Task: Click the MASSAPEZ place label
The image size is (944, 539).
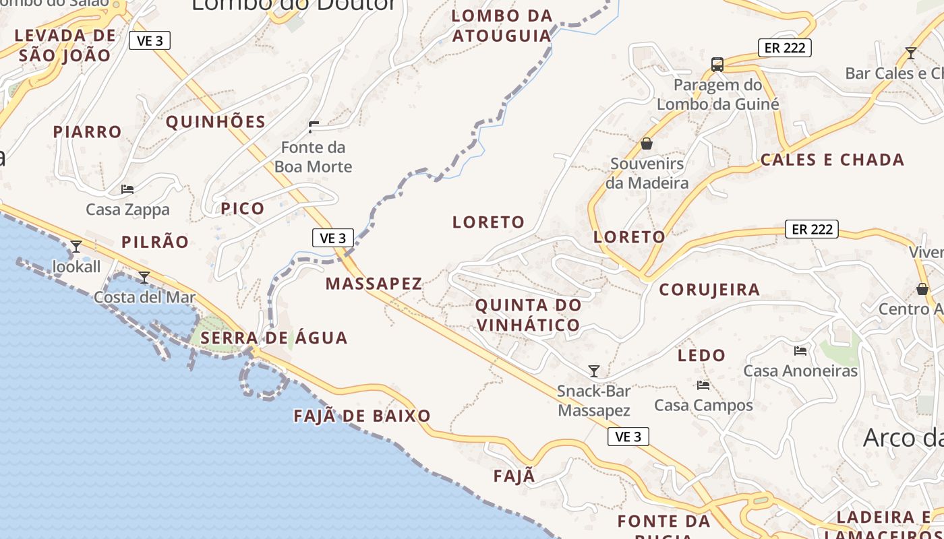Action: pyautogui.click(x=374, y=284)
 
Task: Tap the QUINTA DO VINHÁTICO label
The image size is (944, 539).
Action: pyautogui.click(x=528, y=315)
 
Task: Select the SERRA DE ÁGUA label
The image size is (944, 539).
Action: pyautogui.click(x=274, y=338)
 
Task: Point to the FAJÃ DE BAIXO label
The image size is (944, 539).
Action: pyautogui.click(x=362, y=416)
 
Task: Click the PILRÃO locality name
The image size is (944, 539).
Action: pyautogui.click(x=155, y=242)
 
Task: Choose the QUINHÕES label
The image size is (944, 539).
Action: pyautogui.click(x=216, y=122)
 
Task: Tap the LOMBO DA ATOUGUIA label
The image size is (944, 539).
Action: pyautogui.click(x=502, y=26)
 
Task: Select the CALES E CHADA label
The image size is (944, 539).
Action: pyautogui.click(x=832, y=160)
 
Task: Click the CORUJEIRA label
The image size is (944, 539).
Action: pyautogui.click(x=709, y=290)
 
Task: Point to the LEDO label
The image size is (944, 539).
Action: pyautogui.click(x=701, y=355)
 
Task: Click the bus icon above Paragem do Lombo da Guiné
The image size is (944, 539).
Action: pyautogui.click(x=717, y=65)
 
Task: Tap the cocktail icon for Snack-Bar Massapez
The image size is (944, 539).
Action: pyautogui.click(x=594, y=371)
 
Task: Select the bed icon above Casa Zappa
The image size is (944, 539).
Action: pyautogui.click(x=127, y=189)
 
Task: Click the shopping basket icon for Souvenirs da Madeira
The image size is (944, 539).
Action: pyautogui.click(x=647, y=144)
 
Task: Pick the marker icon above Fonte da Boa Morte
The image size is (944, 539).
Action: pyautogui.click(x=314, y=126)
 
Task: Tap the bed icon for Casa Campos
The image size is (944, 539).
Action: pyautogui.click(x=703, y=385)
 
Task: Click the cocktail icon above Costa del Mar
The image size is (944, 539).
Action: pyautogui.click(x=144, y=277)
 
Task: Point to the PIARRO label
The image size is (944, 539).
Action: pyautogui.click(x=88, y=132)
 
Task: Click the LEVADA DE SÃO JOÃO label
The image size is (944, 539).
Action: pyautogui.click(x=65, y=45)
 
